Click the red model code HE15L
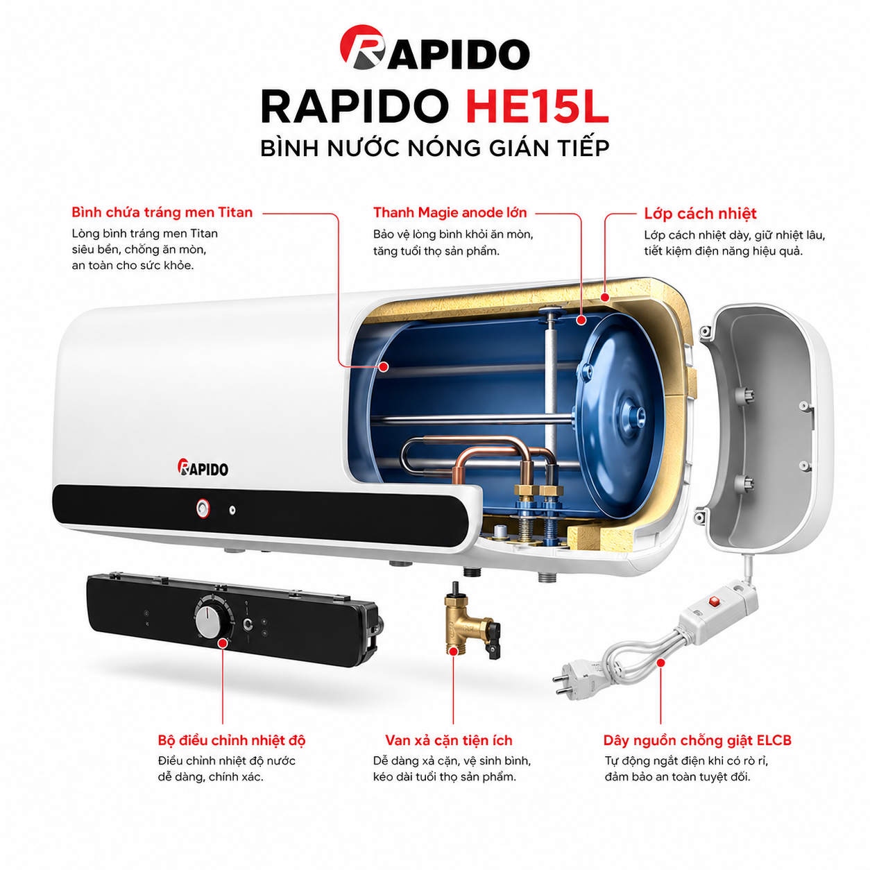point(536,107)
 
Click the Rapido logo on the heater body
point(203,468)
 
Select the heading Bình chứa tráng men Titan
point(162,212)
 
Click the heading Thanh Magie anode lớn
point(450,212)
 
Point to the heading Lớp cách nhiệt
point(700,213)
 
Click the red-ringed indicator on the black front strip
point(203,509)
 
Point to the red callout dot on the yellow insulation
point(604,297)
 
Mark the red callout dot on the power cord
point(660,663)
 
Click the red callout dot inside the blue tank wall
point(384,366)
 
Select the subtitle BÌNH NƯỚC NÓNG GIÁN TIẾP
point(435,148)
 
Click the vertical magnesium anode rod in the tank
point(552,389)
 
